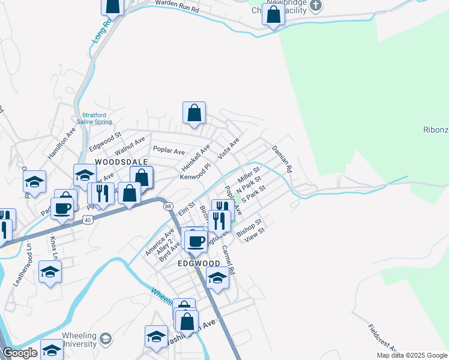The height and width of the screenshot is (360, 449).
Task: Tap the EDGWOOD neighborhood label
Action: click(x=199, y=263)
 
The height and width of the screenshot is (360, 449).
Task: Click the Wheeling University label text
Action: click(x=79, y=340)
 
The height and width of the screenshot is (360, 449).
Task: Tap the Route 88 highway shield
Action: click(x=167, y=206)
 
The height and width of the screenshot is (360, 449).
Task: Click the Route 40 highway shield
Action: click(x=88, y=220)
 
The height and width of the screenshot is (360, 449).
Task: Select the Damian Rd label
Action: click(x=281, y=159)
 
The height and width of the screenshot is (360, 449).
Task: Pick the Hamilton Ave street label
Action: click(x=62, y=143)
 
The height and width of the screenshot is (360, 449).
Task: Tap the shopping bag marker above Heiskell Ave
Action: click(x=194, y=113)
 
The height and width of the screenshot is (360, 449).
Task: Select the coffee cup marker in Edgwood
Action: click(x=195, y=241)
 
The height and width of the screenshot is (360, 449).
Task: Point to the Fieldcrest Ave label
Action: click(x=383, y=340)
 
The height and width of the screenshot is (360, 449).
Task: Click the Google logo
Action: click(x=20, y=353)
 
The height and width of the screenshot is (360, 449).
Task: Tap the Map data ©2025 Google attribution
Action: click(x=411, y=355)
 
